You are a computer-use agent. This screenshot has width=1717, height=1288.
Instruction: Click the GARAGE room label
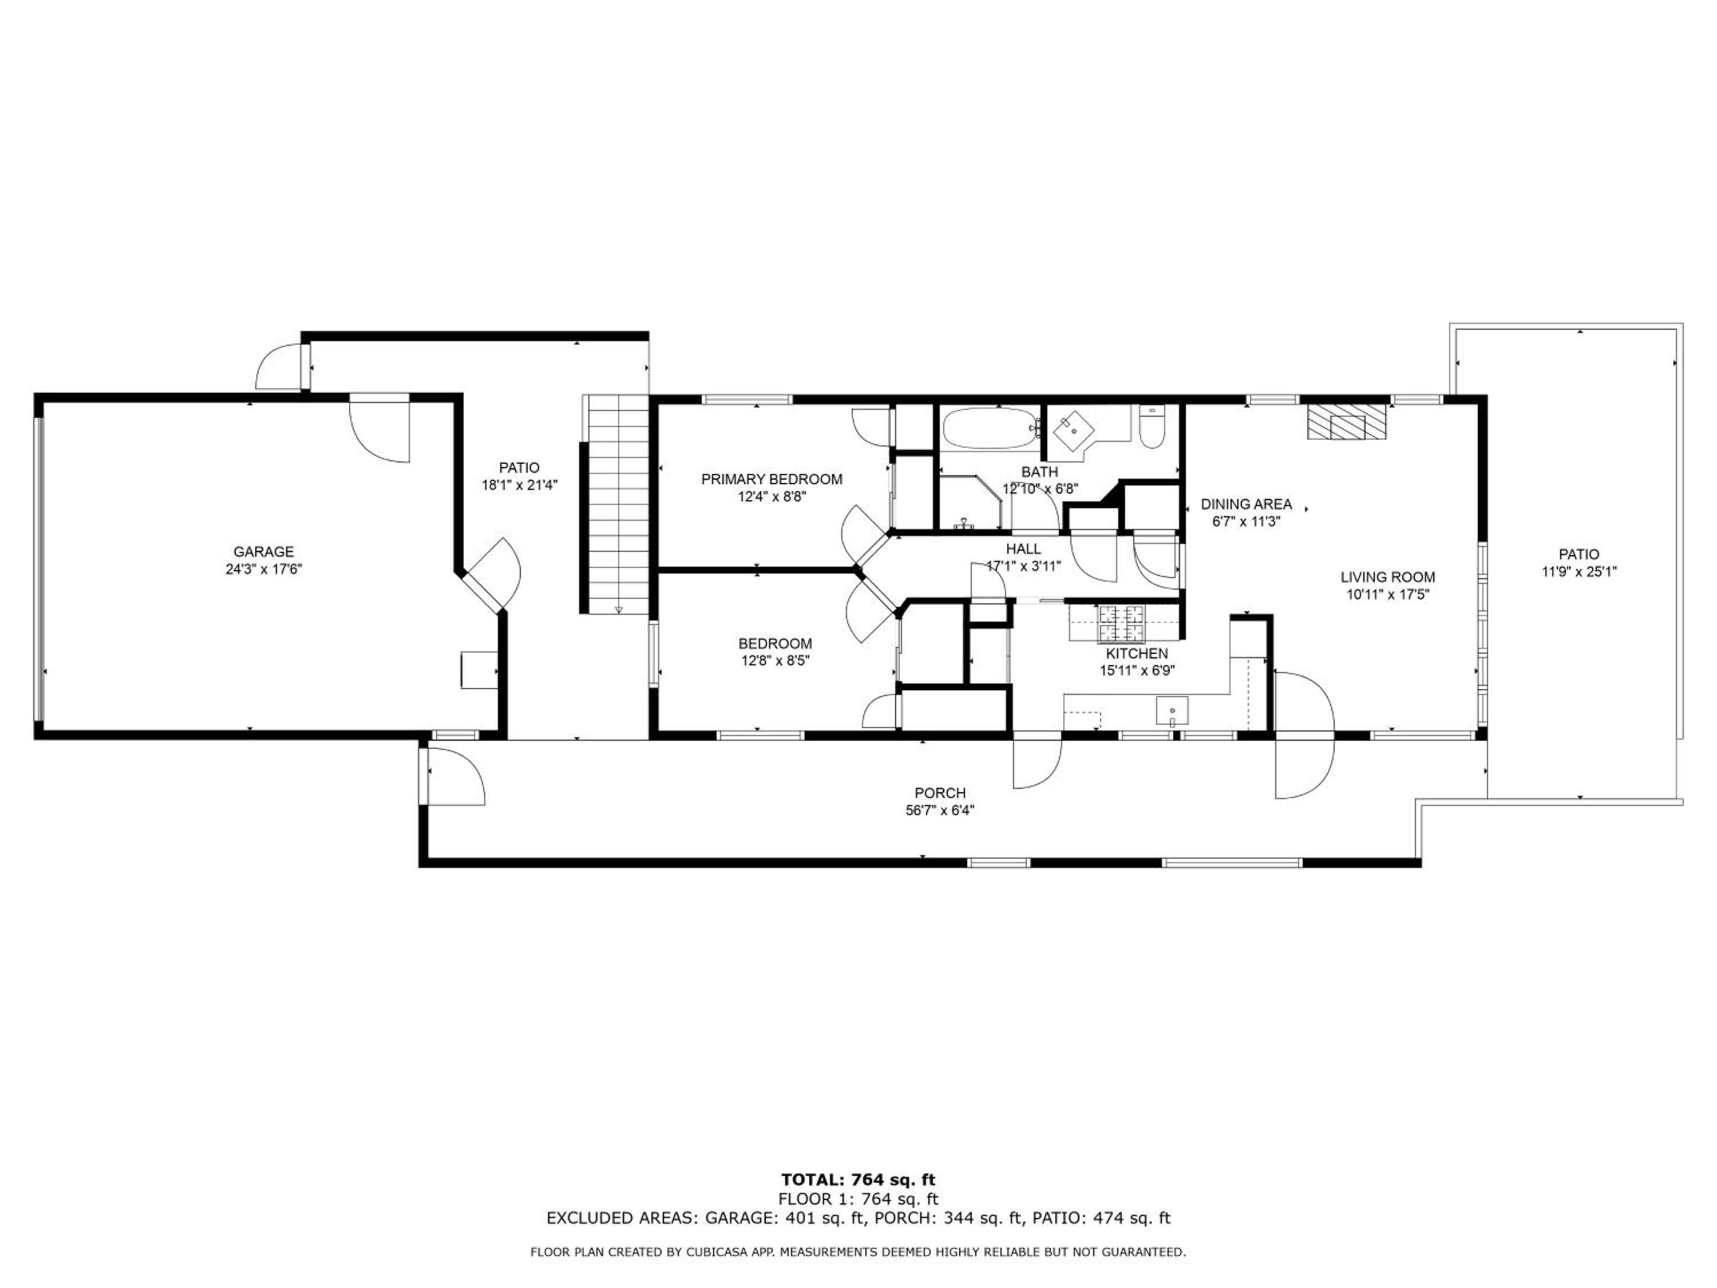(263, 552)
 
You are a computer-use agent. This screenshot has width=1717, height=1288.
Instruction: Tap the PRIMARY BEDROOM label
(772, 480)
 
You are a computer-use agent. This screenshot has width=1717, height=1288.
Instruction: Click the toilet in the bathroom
(1150, 427)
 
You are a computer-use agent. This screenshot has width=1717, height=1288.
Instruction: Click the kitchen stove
(1122, 623)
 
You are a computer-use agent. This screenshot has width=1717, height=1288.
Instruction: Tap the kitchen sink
(1172, 711)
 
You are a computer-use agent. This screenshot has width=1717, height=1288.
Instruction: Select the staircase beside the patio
(618, 505)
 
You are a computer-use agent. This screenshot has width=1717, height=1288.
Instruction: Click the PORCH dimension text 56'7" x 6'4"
(940, 811)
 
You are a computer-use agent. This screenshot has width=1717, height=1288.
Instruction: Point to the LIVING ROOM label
(1388, 578)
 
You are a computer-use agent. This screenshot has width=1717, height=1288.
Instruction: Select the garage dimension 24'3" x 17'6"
(263, 569)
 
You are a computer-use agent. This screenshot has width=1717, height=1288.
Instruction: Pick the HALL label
(1023, 550)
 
